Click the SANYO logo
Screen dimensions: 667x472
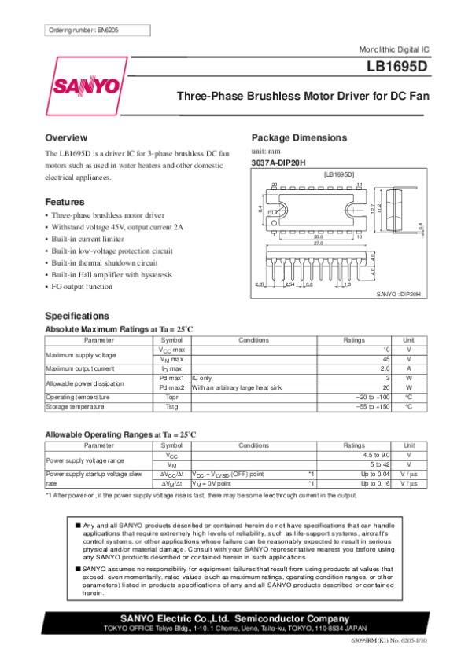click(x=87, y=85)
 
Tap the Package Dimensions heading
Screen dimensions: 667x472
click(x=298, y=137)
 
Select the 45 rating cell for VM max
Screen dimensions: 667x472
click(x=385, y=359)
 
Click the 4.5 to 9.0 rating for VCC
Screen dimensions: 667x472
click(x=376, y=455)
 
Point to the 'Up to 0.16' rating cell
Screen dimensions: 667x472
click(x=375, y=484)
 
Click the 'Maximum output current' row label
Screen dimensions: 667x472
click(x=81, y=368)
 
